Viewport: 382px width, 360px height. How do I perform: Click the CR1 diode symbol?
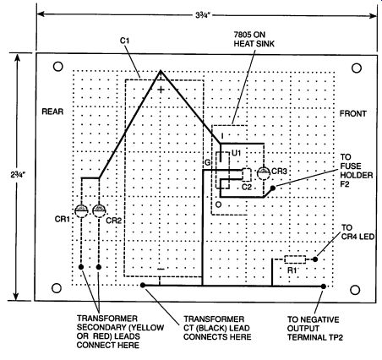81,210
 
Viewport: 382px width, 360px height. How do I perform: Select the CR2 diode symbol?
99,210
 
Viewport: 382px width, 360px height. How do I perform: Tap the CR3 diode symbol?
264,172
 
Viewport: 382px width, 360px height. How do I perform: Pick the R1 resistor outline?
295,259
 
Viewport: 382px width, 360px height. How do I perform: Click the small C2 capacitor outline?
247,175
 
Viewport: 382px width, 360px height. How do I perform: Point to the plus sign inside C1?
161,90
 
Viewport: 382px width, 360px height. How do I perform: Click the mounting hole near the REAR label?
58,67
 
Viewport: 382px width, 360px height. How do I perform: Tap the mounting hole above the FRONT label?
357,68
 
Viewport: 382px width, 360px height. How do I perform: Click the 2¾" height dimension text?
18,175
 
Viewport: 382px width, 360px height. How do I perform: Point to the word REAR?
52,112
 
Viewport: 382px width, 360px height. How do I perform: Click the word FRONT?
353,113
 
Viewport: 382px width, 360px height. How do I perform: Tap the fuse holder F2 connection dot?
273,188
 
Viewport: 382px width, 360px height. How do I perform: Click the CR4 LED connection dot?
315,259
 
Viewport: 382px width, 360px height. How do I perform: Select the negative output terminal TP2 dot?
324,286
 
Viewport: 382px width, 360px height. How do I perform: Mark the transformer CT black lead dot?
143,285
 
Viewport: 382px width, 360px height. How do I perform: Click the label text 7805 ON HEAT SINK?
254,40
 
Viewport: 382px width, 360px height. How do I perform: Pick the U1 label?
236,153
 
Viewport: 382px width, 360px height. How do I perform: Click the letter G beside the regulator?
208,162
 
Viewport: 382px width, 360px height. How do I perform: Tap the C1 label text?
124,41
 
